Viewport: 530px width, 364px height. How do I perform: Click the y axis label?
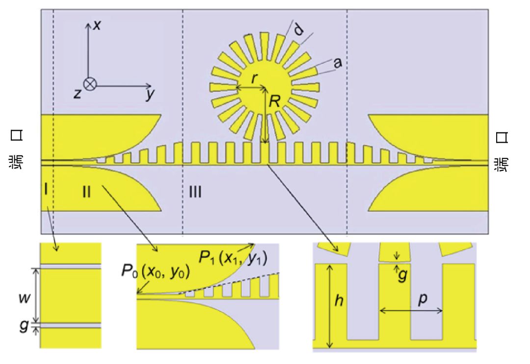(x=150, y=94)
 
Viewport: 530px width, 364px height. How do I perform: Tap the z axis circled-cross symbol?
(x=90, y=84)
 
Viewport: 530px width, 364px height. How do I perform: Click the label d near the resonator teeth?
(x=298, y=30)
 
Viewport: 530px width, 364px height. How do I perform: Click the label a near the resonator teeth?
(x=337, y=62)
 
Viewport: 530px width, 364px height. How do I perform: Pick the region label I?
(x=46, y=191)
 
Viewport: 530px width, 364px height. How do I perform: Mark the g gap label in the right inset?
(x=402, y=276)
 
